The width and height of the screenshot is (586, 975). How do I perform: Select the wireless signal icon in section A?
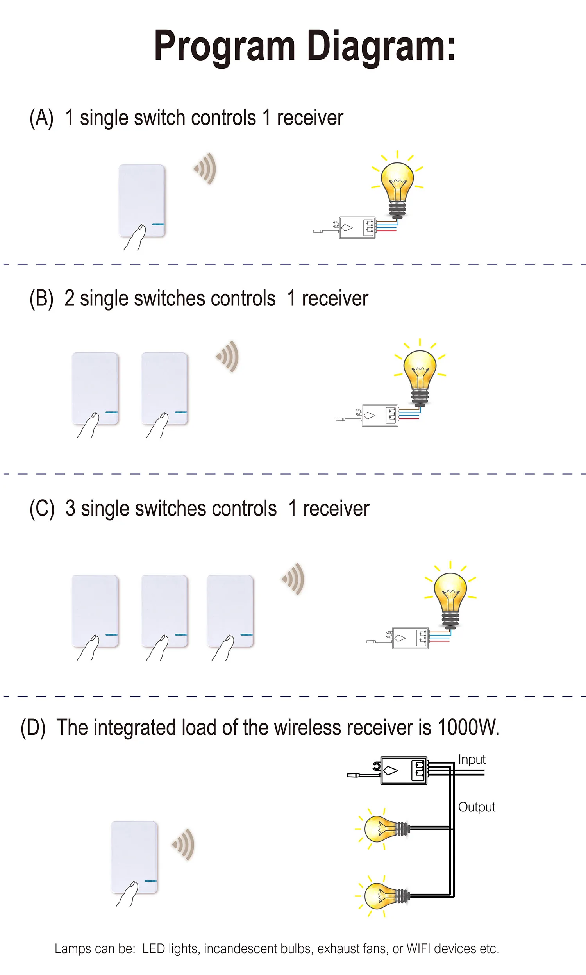coord(206,168)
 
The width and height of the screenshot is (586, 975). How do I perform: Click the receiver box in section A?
coord(357,228)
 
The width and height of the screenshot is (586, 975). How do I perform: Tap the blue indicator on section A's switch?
coord(158,224)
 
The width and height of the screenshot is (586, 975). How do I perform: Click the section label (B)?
coord(41,298)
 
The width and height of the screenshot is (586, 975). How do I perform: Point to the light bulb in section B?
coord(420,373)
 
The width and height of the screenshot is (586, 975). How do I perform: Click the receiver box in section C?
coord(410,638)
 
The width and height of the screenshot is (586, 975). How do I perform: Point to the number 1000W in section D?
coord(468,727)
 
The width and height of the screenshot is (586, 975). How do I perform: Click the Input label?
coord(472,759)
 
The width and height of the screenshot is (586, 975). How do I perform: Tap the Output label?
coord(476,807)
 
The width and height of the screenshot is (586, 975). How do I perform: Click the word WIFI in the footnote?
coord(418,948)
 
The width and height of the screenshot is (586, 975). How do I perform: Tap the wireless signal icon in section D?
coord(184,845)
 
